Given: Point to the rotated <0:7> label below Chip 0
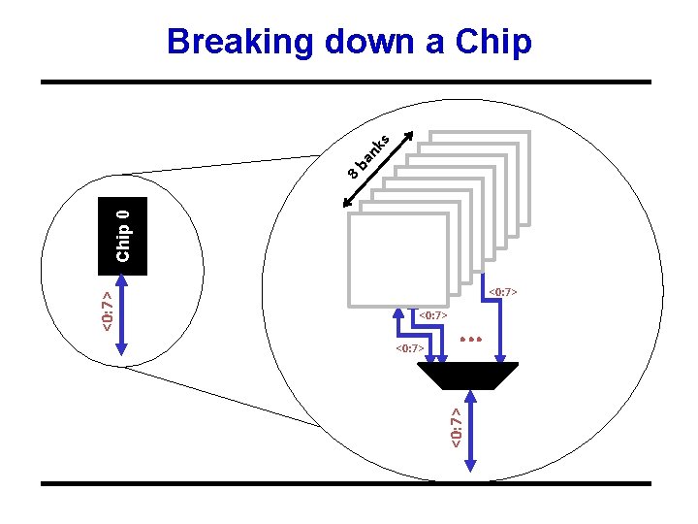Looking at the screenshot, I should [109, 306].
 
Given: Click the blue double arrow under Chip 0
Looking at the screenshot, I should [121, 320].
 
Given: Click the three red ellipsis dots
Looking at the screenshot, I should [471, 340].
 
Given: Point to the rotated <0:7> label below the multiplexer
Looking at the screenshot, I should [456, 426].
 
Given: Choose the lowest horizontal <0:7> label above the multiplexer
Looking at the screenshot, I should [410, 347].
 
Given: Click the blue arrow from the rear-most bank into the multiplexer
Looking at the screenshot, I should [500, 325].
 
